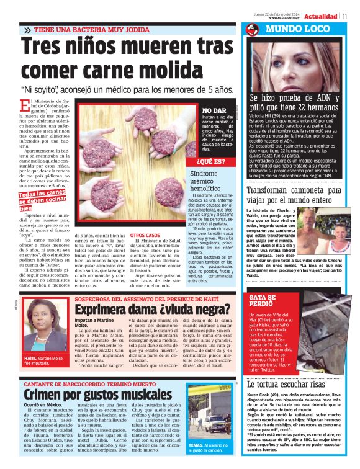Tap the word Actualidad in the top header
tap(322, 16)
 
